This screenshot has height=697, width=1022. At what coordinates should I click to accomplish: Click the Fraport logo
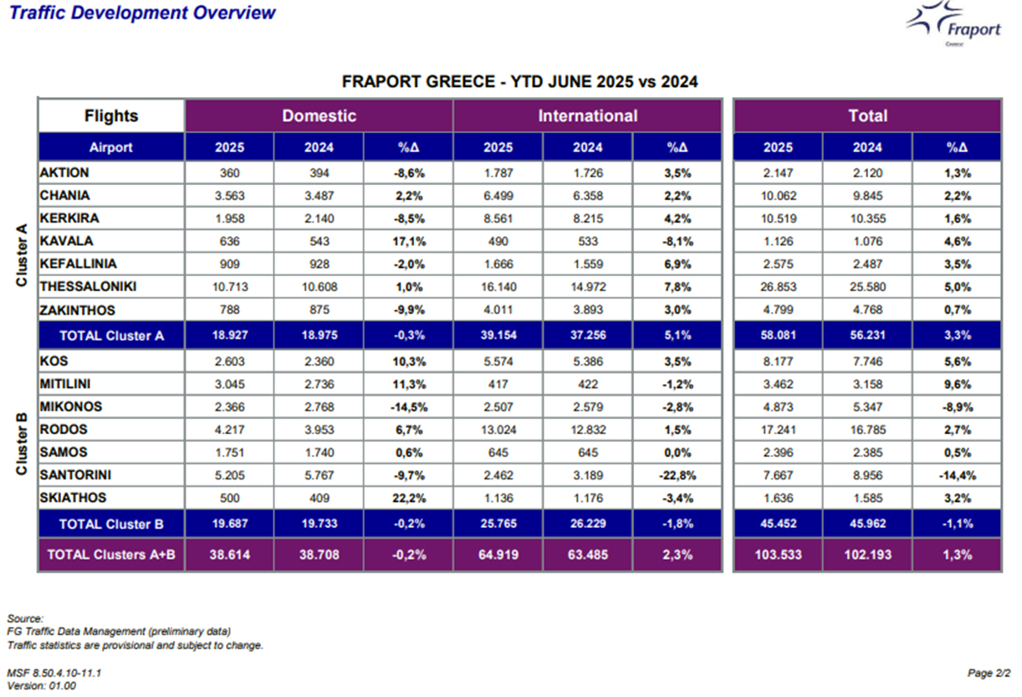pos(953,23)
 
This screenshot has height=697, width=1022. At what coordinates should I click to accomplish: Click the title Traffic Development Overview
pos(142,13)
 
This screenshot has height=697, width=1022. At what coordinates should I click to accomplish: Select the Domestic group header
pos(319,116)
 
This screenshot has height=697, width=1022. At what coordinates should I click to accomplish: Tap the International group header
pos(588,116)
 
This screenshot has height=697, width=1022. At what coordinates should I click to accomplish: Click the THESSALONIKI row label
pos(88,287)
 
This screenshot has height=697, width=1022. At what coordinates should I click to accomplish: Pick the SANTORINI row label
pos(75,475)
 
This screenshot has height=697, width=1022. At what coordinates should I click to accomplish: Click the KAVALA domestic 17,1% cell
pos(409,242)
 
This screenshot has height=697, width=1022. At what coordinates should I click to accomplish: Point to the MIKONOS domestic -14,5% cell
pos(409,407)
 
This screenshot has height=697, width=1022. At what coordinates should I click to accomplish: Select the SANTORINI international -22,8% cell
pos(677,475)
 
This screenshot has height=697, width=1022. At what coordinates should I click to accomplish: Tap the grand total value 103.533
pos(778,555)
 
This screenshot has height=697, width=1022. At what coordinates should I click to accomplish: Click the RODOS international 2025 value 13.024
pos(498,430)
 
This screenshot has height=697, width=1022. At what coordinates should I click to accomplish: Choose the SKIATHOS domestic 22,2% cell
pos(409,498)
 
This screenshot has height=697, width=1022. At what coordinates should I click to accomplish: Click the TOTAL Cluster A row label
pos(112,336)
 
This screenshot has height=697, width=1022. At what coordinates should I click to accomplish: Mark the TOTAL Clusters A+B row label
pos(111,555)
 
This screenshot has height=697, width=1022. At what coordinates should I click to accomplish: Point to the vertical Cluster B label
pos(22,443)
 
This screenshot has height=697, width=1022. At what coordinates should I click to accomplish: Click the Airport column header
pos(111,147)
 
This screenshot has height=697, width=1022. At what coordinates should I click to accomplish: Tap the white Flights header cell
pos(111,116)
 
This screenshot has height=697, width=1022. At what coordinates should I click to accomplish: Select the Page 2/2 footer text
pos(989,673)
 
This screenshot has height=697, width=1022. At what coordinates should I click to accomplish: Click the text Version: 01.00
pos(42,685)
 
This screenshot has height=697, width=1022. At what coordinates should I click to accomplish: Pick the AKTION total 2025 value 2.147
pos(778,173)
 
